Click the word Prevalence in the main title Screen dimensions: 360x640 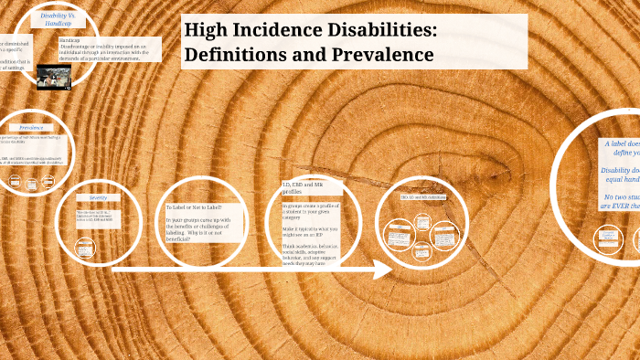[x=384, y=55]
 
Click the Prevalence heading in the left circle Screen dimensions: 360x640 [x=33, y=127]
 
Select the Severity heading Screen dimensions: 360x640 [x=98, y=197]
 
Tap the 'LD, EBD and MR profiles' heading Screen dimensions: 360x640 [x=301, y=189]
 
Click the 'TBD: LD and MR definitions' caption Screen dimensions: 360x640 [x=422, y=196]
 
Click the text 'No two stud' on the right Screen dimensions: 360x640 [x=623, y=197]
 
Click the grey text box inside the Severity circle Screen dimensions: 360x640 [x=97, y=218]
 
